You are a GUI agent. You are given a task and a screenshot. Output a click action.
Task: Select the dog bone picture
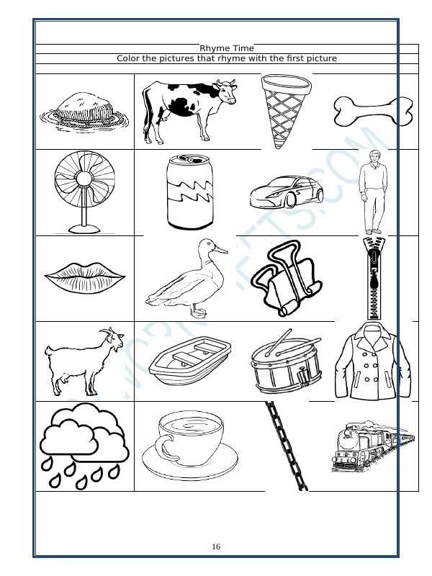[372, 111]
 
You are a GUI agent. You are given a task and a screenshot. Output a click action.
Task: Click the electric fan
[84, 191]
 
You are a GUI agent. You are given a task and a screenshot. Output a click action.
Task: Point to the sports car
[287, 192]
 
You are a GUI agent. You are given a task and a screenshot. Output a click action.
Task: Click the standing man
[372, 191]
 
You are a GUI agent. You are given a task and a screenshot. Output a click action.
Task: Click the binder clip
[286, 279]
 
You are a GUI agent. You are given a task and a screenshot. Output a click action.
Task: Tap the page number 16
[216, 547]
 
